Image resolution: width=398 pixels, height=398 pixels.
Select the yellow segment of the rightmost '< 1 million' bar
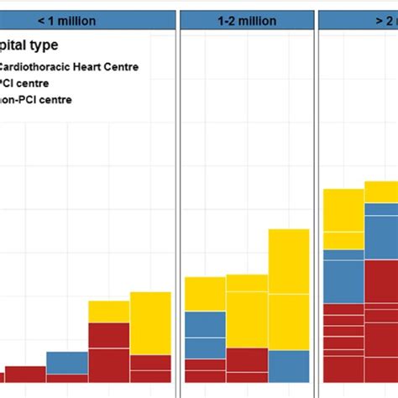[x=150, y=323]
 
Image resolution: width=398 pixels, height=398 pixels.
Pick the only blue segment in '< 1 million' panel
[x=67, y=363]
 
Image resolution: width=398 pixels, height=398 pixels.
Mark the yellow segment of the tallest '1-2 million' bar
[x=289, y=289]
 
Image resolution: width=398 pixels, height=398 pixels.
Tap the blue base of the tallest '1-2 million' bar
[x=289, y=366]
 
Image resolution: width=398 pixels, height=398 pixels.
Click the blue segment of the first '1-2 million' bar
[x=205, y=335]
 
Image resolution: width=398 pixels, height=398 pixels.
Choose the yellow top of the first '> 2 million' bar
[x=343, y=219]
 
